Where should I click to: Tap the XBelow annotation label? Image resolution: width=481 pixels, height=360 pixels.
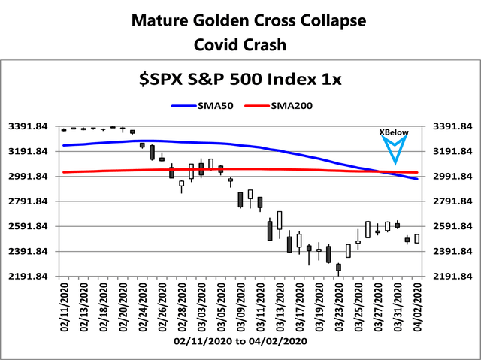tap(394, 132)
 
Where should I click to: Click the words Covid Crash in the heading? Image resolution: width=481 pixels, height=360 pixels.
tap(240, 44)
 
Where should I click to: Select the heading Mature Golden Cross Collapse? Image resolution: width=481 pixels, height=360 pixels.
tap(240, 20)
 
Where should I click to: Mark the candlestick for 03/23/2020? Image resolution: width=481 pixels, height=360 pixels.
tap(339, 267)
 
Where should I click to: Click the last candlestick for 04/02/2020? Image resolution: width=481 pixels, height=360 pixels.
tap(417, 238)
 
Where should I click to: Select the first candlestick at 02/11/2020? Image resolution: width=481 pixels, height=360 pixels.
tap(65, 129)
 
